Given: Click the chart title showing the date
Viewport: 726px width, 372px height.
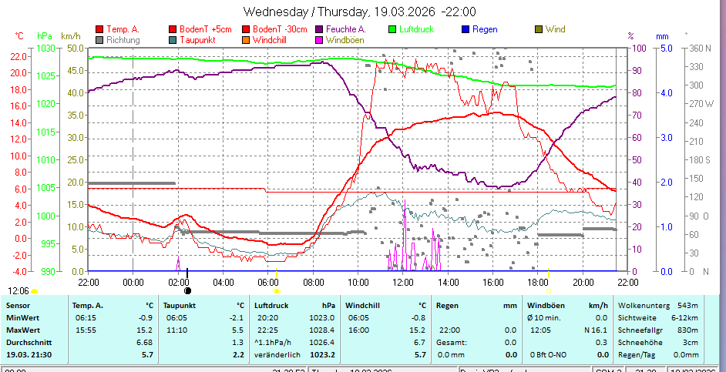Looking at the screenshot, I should [x=359, y=12].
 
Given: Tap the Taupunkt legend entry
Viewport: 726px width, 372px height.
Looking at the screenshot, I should [x=197, y=39].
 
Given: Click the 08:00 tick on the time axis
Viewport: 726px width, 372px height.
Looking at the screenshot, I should [x=314, y=282].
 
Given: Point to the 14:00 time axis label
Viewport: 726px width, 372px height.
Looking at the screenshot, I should [x=449, y=282].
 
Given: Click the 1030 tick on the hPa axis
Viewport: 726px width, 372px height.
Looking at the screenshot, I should [x=46, y=48].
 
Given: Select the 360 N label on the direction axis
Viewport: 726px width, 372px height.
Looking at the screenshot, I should [x=697, y=48].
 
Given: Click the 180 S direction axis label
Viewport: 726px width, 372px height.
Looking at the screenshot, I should [x=697, y=159].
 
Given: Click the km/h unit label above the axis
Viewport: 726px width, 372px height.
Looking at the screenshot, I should [x=70, y=35].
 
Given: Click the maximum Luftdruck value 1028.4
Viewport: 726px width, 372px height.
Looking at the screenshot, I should [x=322, y=330].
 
